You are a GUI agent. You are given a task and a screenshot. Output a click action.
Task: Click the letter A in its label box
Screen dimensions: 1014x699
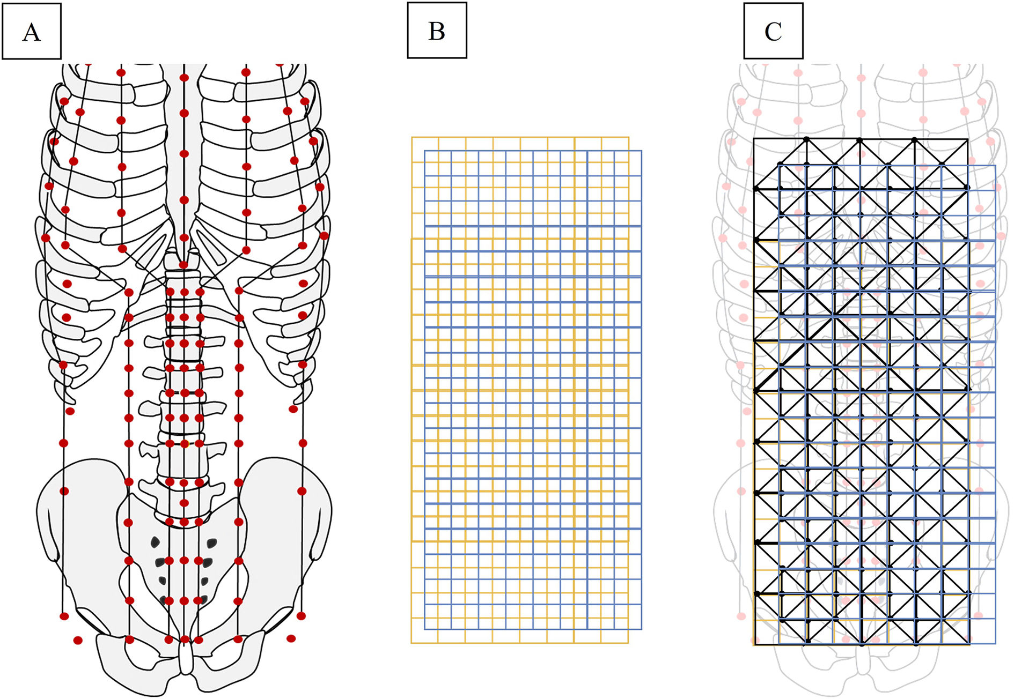click(x=31, y=32)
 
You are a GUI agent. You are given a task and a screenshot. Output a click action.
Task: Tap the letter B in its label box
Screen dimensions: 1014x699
click(x=437, y=31)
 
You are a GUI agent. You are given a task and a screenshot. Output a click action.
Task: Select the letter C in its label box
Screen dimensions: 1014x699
click(x=773, y=32)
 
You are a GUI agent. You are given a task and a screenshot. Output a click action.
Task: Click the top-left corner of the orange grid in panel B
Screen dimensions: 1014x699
click(x=412, y=138)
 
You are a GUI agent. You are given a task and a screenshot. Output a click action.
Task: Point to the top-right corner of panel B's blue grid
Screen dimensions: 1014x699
click(x=641, y=151)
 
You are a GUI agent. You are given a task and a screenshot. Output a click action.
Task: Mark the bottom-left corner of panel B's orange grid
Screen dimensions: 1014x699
click(x=412, y=642)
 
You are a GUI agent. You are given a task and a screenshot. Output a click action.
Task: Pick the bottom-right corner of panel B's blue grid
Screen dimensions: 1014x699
click(x=641, y=629)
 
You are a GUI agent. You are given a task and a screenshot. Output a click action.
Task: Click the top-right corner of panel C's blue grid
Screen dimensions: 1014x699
click(x=995, y=166)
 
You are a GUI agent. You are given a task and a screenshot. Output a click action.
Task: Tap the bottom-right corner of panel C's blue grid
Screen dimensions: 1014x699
click(x=995, y=643)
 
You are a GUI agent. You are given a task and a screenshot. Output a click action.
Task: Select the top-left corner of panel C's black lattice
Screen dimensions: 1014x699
click(x=754, y=139)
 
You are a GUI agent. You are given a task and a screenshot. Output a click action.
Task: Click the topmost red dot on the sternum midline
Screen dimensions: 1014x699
click(x=184, y=78)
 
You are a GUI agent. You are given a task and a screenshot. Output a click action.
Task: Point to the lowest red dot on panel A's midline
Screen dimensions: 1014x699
click(x=185, y=639)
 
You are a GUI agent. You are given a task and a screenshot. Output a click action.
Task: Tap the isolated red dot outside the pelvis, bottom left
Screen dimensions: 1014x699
click(x=78, y=640)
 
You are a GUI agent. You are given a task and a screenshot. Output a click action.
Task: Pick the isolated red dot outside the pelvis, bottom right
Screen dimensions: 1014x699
click(x=291, y=638)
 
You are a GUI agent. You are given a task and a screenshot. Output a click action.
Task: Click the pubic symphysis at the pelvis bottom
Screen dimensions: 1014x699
click(x=185, y=659)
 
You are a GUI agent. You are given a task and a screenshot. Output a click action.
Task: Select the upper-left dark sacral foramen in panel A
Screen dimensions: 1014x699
click(x=156, y=542)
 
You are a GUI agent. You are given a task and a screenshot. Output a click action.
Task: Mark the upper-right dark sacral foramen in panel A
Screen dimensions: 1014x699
click(x=212, y=543)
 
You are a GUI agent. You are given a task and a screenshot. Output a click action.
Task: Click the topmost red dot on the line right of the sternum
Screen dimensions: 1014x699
click(x=246, y=72)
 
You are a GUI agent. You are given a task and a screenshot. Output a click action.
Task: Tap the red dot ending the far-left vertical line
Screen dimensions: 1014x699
click(x=64, y=616)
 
